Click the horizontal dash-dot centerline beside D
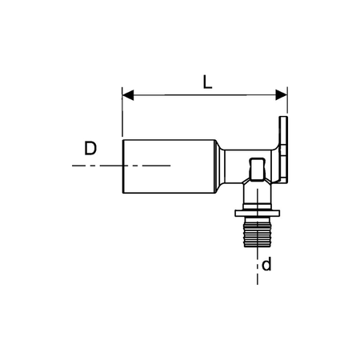point(96,166)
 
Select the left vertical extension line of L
point(122,116)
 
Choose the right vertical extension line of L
point(286,104)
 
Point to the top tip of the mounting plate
point(283,118)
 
